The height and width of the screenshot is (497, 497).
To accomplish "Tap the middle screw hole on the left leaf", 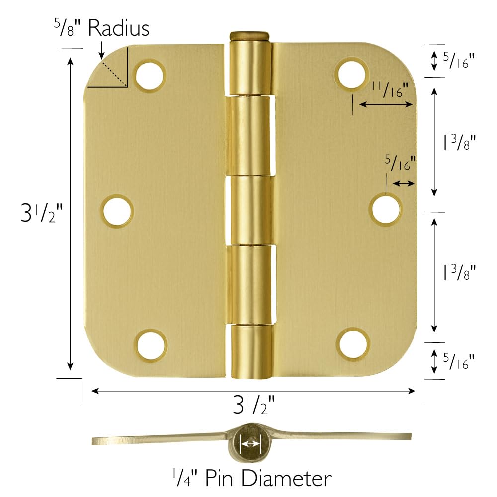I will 118,210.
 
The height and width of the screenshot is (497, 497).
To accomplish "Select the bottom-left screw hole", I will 151,344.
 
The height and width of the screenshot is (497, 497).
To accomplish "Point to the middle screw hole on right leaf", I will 386,209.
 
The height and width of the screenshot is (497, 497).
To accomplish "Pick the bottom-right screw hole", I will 353,343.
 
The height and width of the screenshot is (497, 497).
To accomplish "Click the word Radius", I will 118,28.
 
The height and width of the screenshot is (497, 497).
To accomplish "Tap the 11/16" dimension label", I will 390,90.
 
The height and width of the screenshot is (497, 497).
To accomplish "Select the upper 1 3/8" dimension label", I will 459,143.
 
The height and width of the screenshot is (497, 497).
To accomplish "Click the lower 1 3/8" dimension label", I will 459,273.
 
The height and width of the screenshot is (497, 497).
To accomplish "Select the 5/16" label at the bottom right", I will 458,361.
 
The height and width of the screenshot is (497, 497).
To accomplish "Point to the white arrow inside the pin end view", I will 250,443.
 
